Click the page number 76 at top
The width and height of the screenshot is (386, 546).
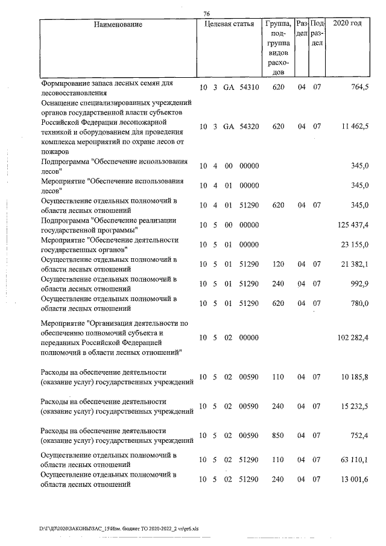point(207,14)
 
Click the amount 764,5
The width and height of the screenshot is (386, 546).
point(359,87)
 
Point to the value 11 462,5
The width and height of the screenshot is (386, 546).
point(355,127)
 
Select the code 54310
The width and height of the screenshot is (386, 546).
point(248,87)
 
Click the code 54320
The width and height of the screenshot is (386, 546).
point(248,127)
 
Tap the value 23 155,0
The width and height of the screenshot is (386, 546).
point(355,245)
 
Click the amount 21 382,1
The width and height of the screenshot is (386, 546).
point(355,265)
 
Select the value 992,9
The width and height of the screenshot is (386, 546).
point(359,284)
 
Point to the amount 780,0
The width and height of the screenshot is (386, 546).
point(359,303)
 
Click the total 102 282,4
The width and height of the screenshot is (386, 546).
point(352,338)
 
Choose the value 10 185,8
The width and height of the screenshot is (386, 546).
point(355,377)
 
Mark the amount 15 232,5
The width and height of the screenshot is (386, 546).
point(355,407)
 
